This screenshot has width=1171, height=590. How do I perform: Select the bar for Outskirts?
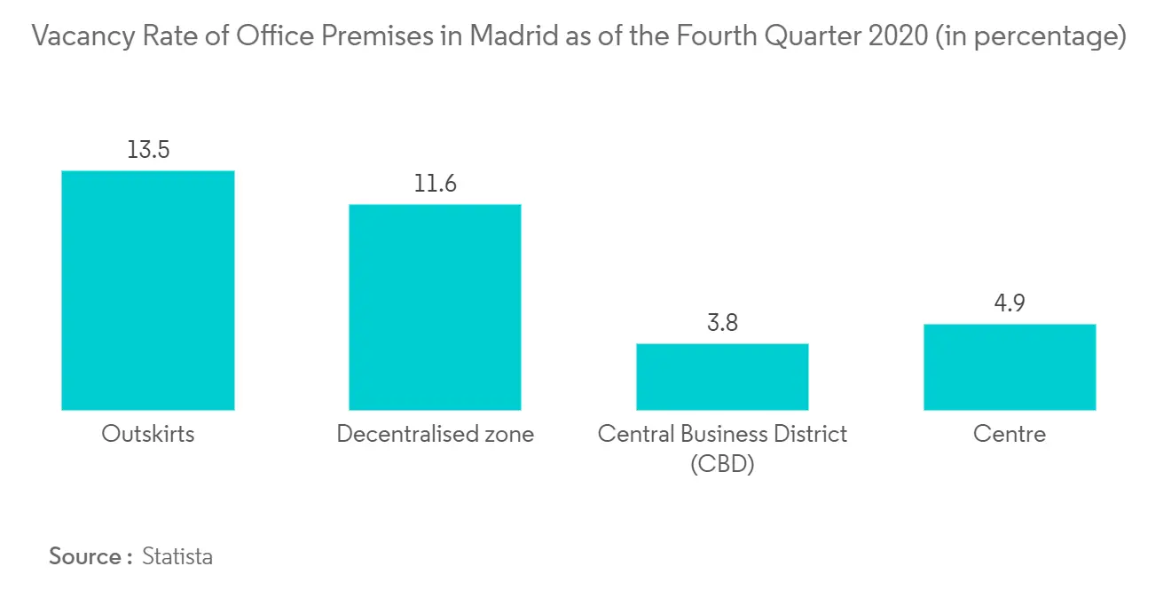pos(148,290)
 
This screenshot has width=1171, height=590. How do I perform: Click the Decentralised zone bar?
pos(435,307)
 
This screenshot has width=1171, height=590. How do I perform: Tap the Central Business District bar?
pos(722,376)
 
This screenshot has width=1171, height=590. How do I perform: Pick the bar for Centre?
pos(1010,367)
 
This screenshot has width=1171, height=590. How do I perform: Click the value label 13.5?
pos(148,150)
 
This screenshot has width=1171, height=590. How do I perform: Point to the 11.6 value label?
pos(435,184)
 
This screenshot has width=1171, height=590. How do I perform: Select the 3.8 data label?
pos(722,323)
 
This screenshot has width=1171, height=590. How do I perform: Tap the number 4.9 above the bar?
pos(1010,303)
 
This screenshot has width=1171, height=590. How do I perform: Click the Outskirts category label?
pos(148,434)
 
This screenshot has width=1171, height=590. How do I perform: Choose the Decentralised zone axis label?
pos(435,434)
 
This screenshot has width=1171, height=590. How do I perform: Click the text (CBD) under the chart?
pos(722,463)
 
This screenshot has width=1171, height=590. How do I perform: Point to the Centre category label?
pos(1010,434)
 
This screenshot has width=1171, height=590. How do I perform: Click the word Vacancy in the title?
pos(83,36)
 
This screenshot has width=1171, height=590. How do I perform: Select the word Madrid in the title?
pos(514,35)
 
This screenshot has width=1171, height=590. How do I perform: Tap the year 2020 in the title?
pos(898,35)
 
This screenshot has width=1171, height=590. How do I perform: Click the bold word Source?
pos(85,556)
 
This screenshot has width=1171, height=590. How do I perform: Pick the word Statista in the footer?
pos(177,556)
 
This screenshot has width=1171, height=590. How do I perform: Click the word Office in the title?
pos(274,35)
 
